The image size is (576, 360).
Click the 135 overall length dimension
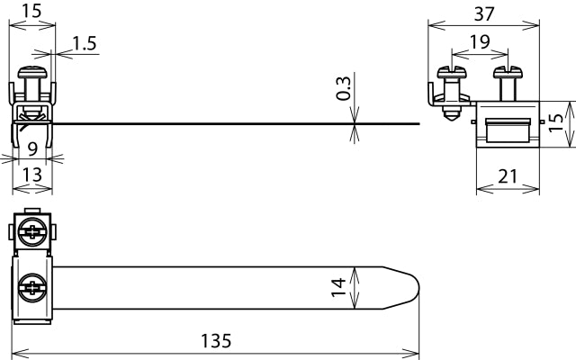coord(216,341)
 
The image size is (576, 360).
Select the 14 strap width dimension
coord(338,288)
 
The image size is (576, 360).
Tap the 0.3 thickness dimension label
coord(343,88)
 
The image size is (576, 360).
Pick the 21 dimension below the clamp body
coord(507,176)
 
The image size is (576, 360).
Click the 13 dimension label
coord(31,175)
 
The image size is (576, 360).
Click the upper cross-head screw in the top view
coord(33,232)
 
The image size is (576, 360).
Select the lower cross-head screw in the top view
coord(33,289)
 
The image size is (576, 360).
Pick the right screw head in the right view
coord(505,70)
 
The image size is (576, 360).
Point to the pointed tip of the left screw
coord(450,119)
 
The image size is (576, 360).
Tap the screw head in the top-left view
coord(33,69)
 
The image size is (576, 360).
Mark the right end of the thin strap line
coord(419,123)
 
